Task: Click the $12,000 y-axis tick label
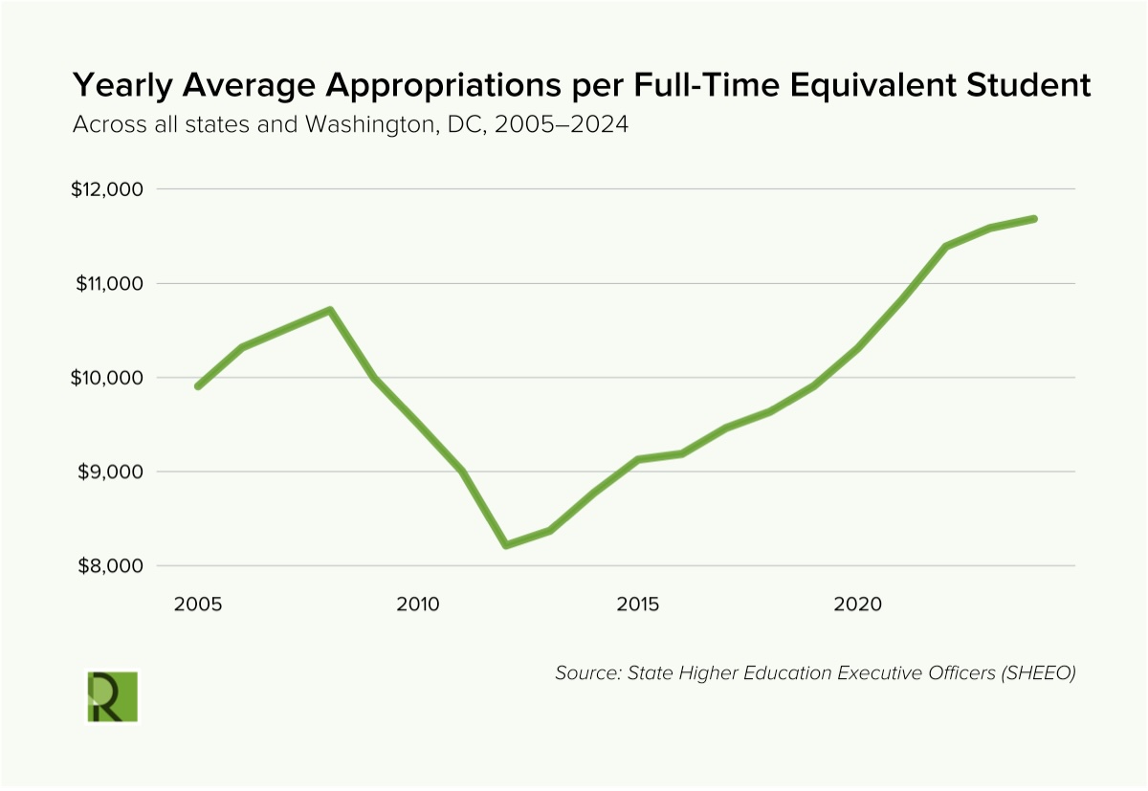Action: tap(107, 189)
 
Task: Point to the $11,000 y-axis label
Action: tap(107, 284)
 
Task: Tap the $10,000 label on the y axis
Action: tap(107, 378)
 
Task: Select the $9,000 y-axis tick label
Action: tap(109, 472)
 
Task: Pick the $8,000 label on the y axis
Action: tap(109, 566)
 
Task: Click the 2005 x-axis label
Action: tap(198, 604)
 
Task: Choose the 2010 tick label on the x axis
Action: tap(418, 604)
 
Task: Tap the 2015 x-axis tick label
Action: tap(638, 604)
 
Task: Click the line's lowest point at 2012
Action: tap(505, 545)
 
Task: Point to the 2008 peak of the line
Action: tap(329, 310)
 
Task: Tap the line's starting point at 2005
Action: tap(198, 386)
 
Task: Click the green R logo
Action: tap(112, 696)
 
